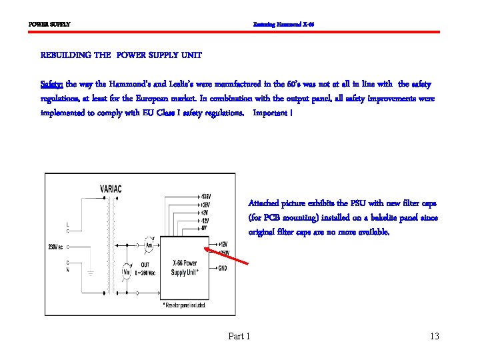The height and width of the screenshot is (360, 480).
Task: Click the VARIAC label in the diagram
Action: click(x=111, y=189)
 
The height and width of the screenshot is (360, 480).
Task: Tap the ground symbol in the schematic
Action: click(x=91, y=273)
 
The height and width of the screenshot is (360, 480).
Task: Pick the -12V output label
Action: click(x=206, y=220)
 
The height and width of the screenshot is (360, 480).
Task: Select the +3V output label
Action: click(x=205, y=212)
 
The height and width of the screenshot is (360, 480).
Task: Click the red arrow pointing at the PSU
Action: click(x=228, y=257)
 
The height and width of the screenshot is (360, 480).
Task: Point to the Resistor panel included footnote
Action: click(x=184, y=304)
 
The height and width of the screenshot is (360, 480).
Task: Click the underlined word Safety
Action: click(x=51, y=85)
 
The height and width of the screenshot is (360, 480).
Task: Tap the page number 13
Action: click(x=435, y=337)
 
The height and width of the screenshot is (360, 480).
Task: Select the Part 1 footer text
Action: click(x=239, y=337)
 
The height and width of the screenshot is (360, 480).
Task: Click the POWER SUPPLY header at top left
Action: click(x=49, y=25)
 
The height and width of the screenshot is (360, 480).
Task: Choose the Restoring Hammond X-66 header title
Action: click(x=283, y=25)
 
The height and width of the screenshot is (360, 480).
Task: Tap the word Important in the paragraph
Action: click(x=269, y=113)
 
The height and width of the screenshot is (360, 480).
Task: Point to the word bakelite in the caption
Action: click(x=395, y=218)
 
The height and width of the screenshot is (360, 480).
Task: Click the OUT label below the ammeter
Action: click(x=144, y=264)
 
